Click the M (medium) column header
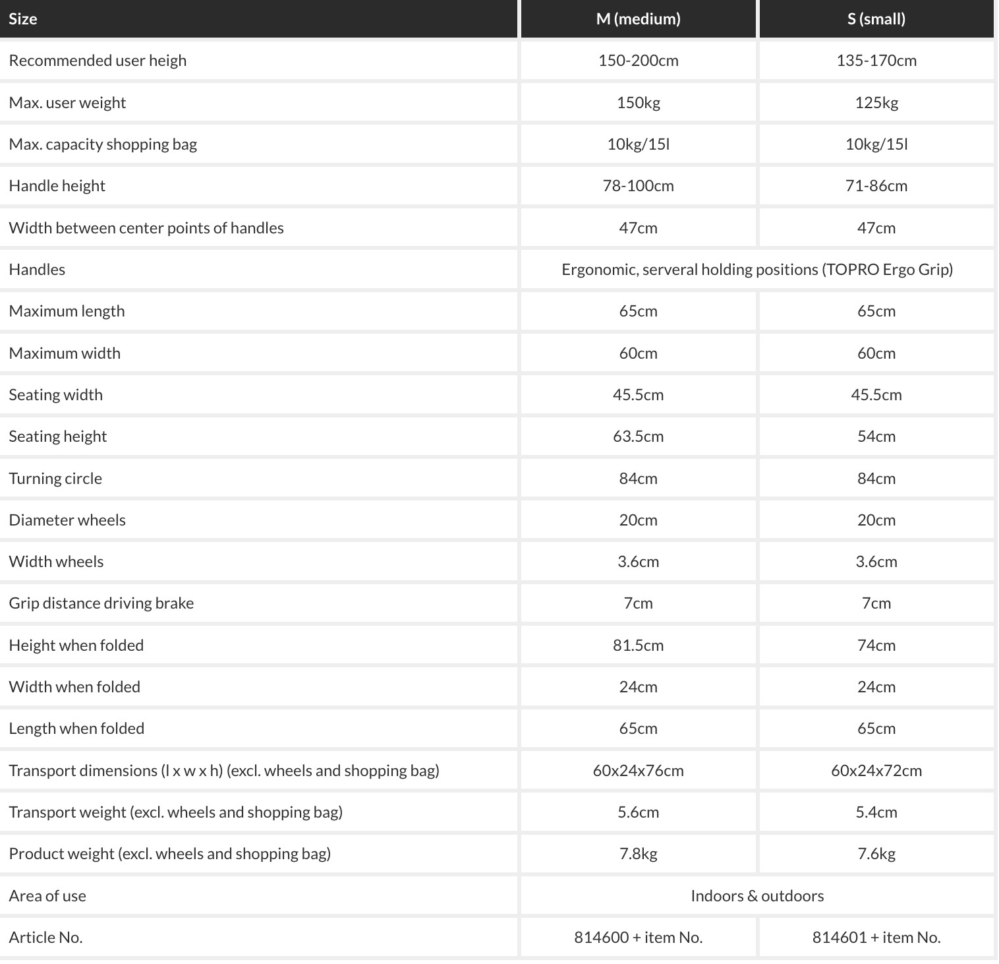(638, 19)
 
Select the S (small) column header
(876, 19)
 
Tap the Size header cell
(23, 19)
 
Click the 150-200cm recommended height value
(638, 61)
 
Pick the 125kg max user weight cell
(876, 103)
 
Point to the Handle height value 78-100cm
(638, 186)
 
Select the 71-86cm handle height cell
(876, 186)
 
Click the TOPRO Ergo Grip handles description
(756, 270)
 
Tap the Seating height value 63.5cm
(638, 437)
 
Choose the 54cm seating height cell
(876, 437)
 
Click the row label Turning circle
(55, 479)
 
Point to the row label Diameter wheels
(67, 520)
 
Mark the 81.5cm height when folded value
(638, 646)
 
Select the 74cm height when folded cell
(876, 646)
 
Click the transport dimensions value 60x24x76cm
(638, 771)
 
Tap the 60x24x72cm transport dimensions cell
(876, 771)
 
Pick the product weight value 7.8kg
(638, 854)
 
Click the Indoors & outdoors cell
(756, 896)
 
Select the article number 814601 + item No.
(876, 938)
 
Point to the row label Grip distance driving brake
(101, 603)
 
